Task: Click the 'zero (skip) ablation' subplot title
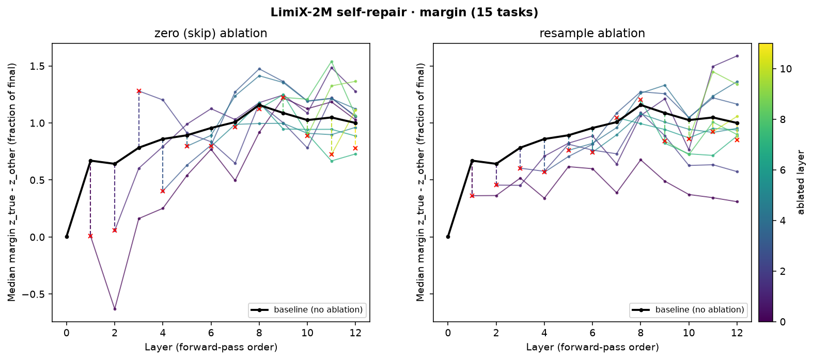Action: click(211, 34)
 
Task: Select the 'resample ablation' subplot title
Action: click(592, 34)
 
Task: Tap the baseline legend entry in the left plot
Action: click(307, 310)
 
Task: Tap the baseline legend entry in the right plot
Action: click(688, 310)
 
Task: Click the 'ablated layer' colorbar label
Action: click(801, 182)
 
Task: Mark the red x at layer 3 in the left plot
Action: click(138, 91)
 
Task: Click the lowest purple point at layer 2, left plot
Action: click(115, 309)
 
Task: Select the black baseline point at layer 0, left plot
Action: click(67, 237)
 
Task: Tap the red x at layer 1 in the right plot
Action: click(472, 196)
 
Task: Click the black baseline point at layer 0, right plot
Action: click(448, 237)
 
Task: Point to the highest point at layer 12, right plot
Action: click(737, 56)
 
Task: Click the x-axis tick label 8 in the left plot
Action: click(259, 333)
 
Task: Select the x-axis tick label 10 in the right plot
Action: click(689, 333)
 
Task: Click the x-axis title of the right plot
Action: click(592, 347)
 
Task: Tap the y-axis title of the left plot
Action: click(12, 182)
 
